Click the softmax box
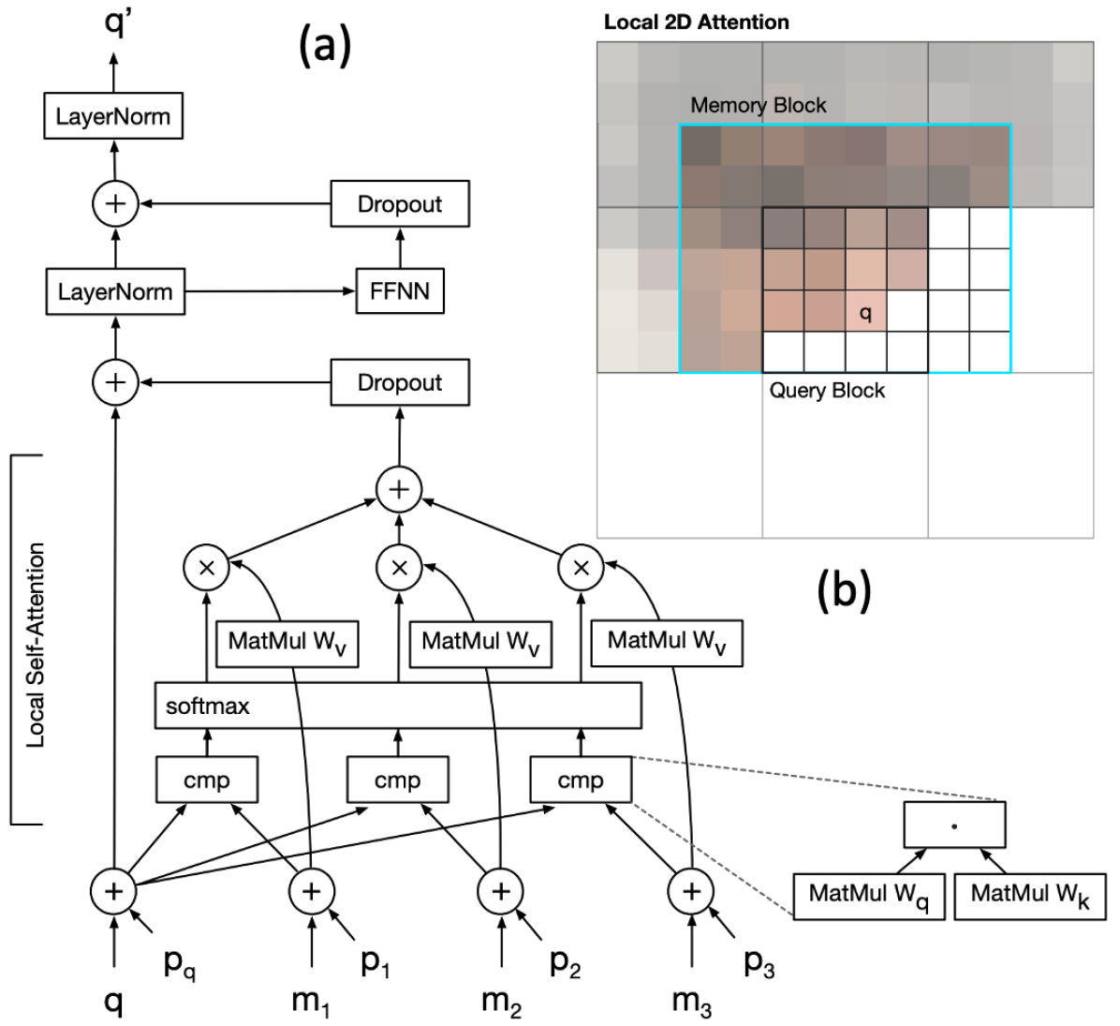pyautogui.click(x=398, y=706)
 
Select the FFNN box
pyautogui.click(x=400, y=290)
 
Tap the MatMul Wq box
pyautogui.click(x=869, y=896)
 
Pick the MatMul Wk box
pyautogui.click(x=1030, y=896)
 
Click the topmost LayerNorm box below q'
pyautogui.click(x=113, y=116)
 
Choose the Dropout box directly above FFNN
pyautogui.click(x=400, y=203)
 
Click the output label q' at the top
pyautogui.click(x=118, y=22)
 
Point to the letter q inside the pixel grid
pyautogui.click(x=865, y=313)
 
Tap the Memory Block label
pyautogui.click(x=758, y=105)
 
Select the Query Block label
pyautogui.click(x=827, y=390)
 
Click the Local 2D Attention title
pyautogui.click(x=697, y=22)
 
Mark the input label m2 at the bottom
pyautogui.click(x=501, y=1002)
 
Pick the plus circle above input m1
pyautogui.click(x=312, y=891)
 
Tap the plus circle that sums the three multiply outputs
pyautogui.click(x=399, y=489)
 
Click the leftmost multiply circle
pyautogui.click(x=206, y=568)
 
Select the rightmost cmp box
pyautogui.click(x=581, y=780)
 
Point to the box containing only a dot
pyautogui.click(x=955, y=825)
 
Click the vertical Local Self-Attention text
pyautogui.click(x=36, y=646)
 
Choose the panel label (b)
pyautogui.click(x=845, y=590)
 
